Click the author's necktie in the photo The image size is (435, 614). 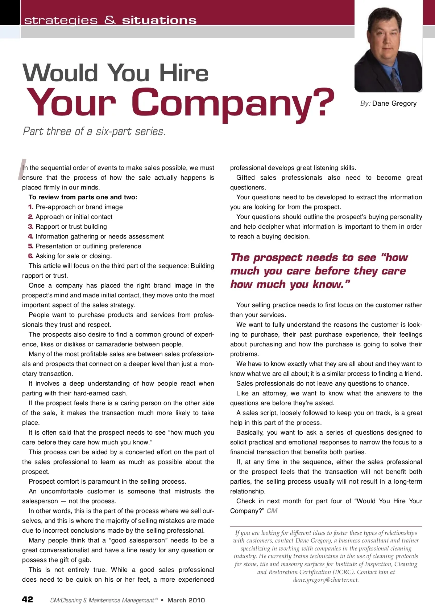point(395,78)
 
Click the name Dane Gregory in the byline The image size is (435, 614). point(394,103)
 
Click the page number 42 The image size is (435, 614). point(28,599)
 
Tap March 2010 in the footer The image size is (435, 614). point(186,600)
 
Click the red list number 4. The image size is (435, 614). point(30,236)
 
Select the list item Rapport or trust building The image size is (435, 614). point(71,227)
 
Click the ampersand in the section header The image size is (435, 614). point(110,20)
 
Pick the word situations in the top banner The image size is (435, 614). point(159,20)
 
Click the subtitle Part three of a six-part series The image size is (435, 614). point(94,131)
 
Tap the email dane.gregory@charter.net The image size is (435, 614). point(326,580)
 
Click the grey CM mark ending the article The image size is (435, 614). point(272,511)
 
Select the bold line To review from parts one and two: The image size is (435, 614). point(83,197)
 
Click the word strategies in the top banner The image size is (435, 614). point(61,20)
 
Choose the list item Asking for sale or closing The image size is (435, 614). point(74,256)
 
